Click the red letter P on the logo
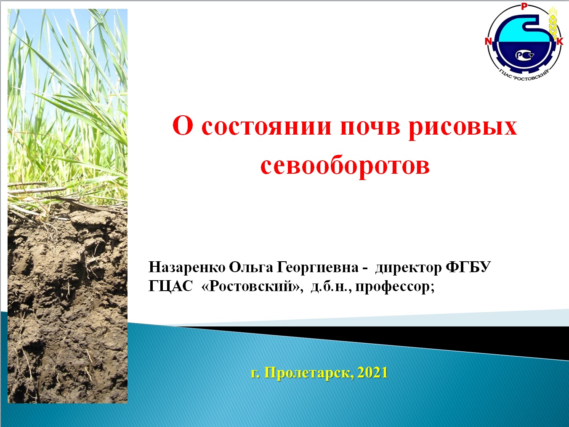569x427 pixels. click(524, 7)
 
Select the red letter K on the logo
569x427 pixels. click(560, 42)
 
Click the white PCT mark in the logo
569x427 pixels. click(524, 55)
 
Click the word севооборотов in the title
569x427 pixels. click(345, 165)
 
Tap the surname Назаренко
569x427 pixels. click(186, 268)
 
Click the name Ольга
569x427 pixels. click(251, 267)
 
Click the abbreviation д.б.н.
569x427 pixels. click(331, 287)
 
